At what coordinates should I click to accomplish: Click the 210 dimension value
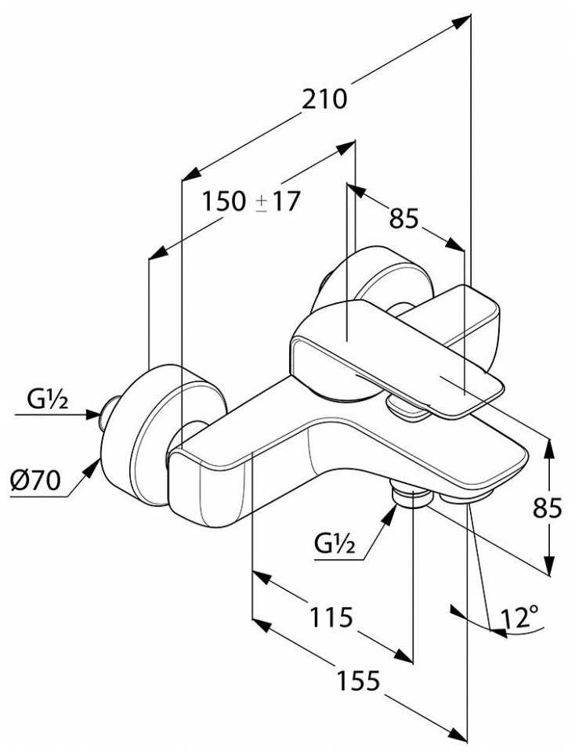(x=325, y=100)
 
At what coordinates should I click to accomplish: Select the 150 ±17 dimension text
(x=251, y=202)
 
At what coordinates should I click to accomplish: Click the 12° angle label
(x=523, y=618)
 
